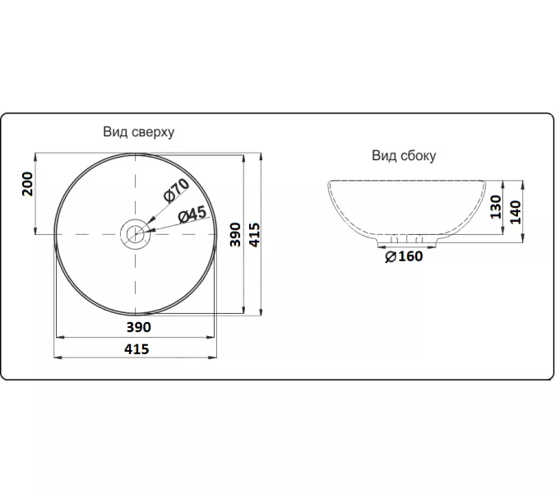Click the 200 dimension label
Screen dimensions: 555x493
[28, 184]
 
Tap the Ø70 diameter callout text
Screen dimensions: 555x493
[176, 191]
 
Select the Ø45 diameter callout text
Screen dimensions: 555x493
[192, 214]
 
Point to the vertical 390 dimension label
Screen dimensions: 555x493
[235, 234]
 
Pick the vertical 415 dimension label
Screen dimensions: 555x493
[255, 234]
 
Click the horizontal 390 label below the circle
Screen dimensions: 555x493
[139, 327]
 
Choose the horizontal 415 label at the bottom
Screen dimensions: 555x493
[136, 349]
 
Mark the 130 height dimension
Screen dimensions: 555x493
[496, 207]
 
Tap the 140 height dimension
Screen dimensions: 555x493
[516, 212]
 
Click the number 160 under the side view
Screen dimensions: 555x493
[410, 256]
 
